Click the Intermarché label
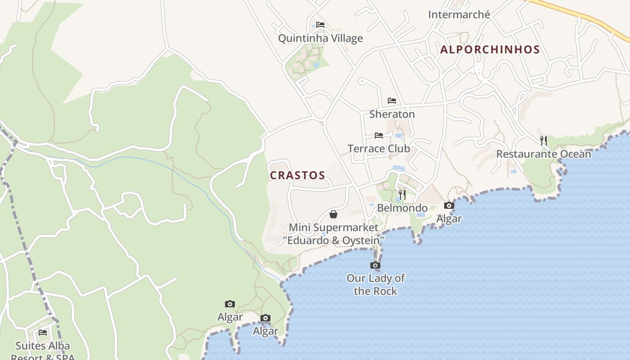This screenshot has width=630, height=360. [459, 15]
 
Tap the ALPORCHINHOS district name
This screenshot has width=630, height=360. [490, 50]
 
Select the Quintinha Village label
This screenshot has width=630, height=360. [320, 38]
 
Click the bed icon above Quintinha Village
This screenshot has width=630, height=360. [320, 25]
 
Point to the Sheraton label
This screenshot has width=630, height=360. [392, 114]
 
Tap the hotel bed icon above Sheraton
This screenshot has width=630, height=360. [392, 101]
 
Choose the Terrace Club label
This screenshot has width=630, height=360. [378, 148]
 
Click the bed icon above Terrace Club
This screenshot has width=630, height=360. [379, 135]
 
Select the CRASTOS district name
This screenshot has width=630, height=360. [297, 175]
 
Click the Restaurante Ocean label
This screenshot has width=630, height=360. [544, 154]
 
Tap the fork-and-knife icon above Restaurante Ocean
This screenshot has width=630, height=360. [544, 141]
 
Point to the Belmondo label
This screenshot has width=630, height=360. [402, 208]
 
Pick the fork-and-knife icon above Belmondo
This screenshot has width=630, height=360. [402, 195]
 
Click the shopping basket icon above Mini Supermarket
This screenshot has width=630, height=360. [333, 214]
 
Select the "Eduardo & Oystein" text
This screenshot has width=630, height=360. [333, 241]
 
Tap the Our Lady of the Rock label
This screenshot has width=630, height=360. [375, 284]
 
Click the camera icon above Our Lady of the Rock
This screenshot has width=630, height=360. [375, 265]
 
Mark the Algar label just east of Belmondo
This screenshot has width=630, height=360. [449, 219]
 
